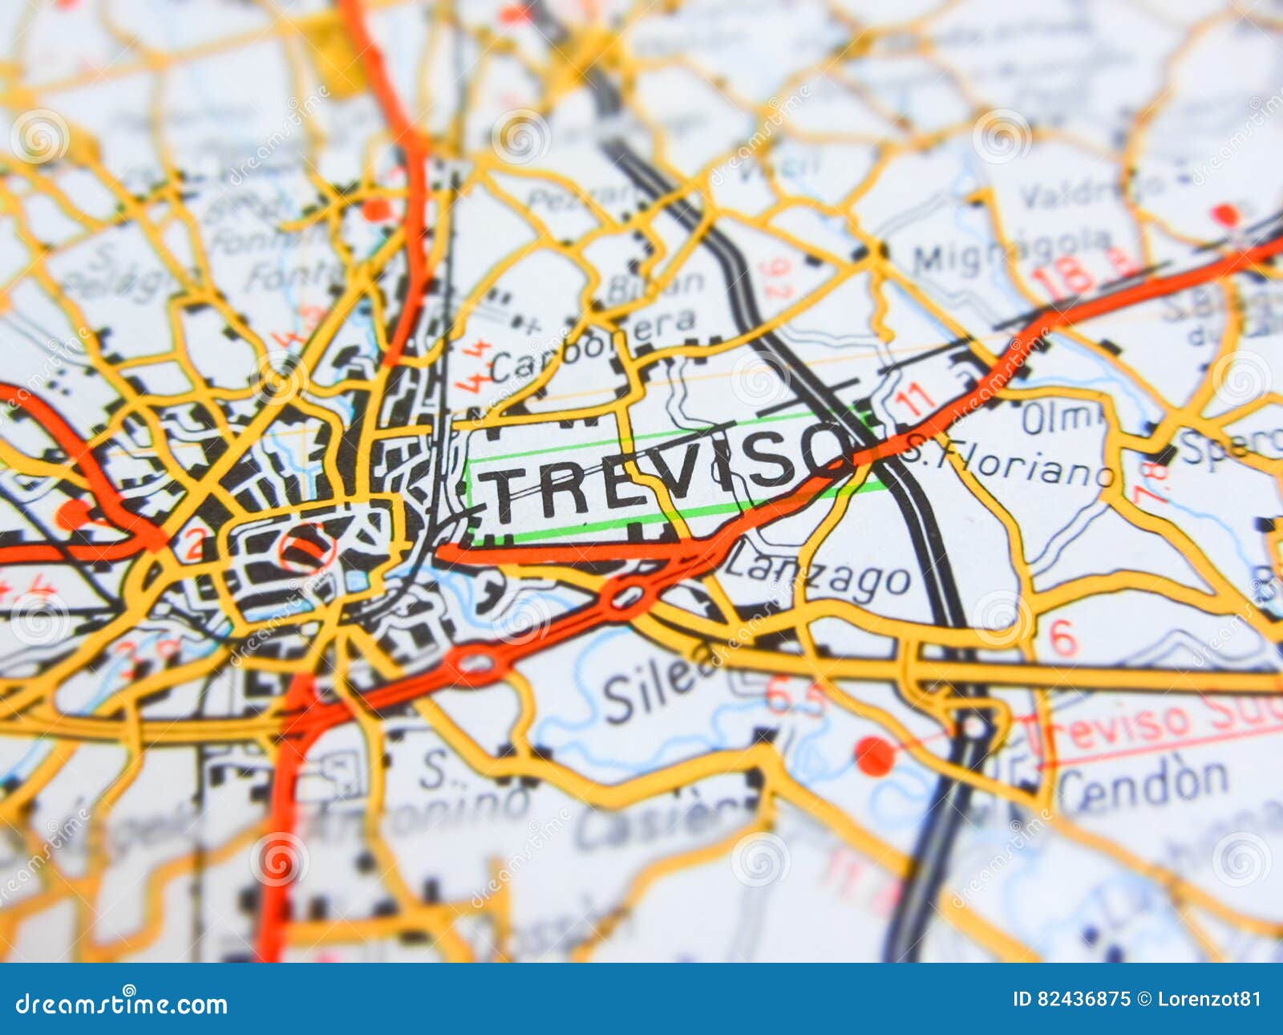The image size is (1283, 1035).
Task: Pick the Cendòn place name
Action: point(1143,782)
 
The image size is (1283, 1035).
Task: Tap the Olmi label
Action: point(1063,418)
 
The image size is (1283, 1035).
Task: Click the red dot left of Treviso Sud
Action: point(874,755)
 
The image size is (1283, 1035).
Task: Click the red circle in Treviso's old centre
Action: point(306,549)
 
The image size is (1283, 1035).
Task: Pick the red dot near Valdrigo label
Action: point(1224,214)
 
